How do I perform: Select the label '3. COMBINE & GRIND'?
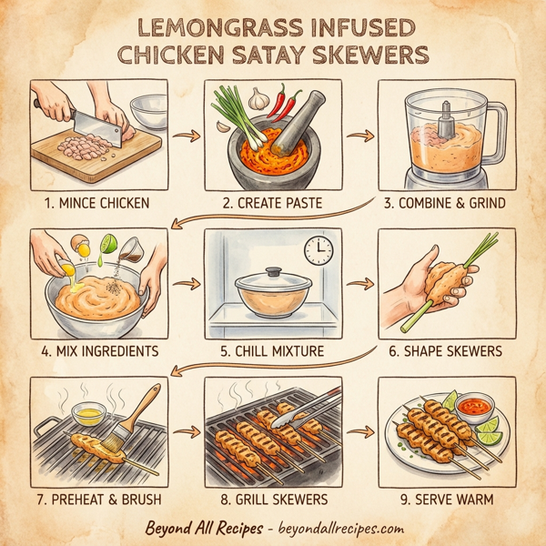(446, 202)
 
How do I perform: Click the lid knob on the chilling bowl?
(273, 271)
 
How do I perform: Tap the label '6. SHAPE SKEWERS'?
(446, 350)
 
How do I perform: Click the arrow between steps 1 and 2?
(187, 137)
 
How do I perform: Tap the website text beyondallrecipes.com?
(336, 529)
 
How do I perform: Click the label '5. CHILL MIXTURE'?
(273, 350)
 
